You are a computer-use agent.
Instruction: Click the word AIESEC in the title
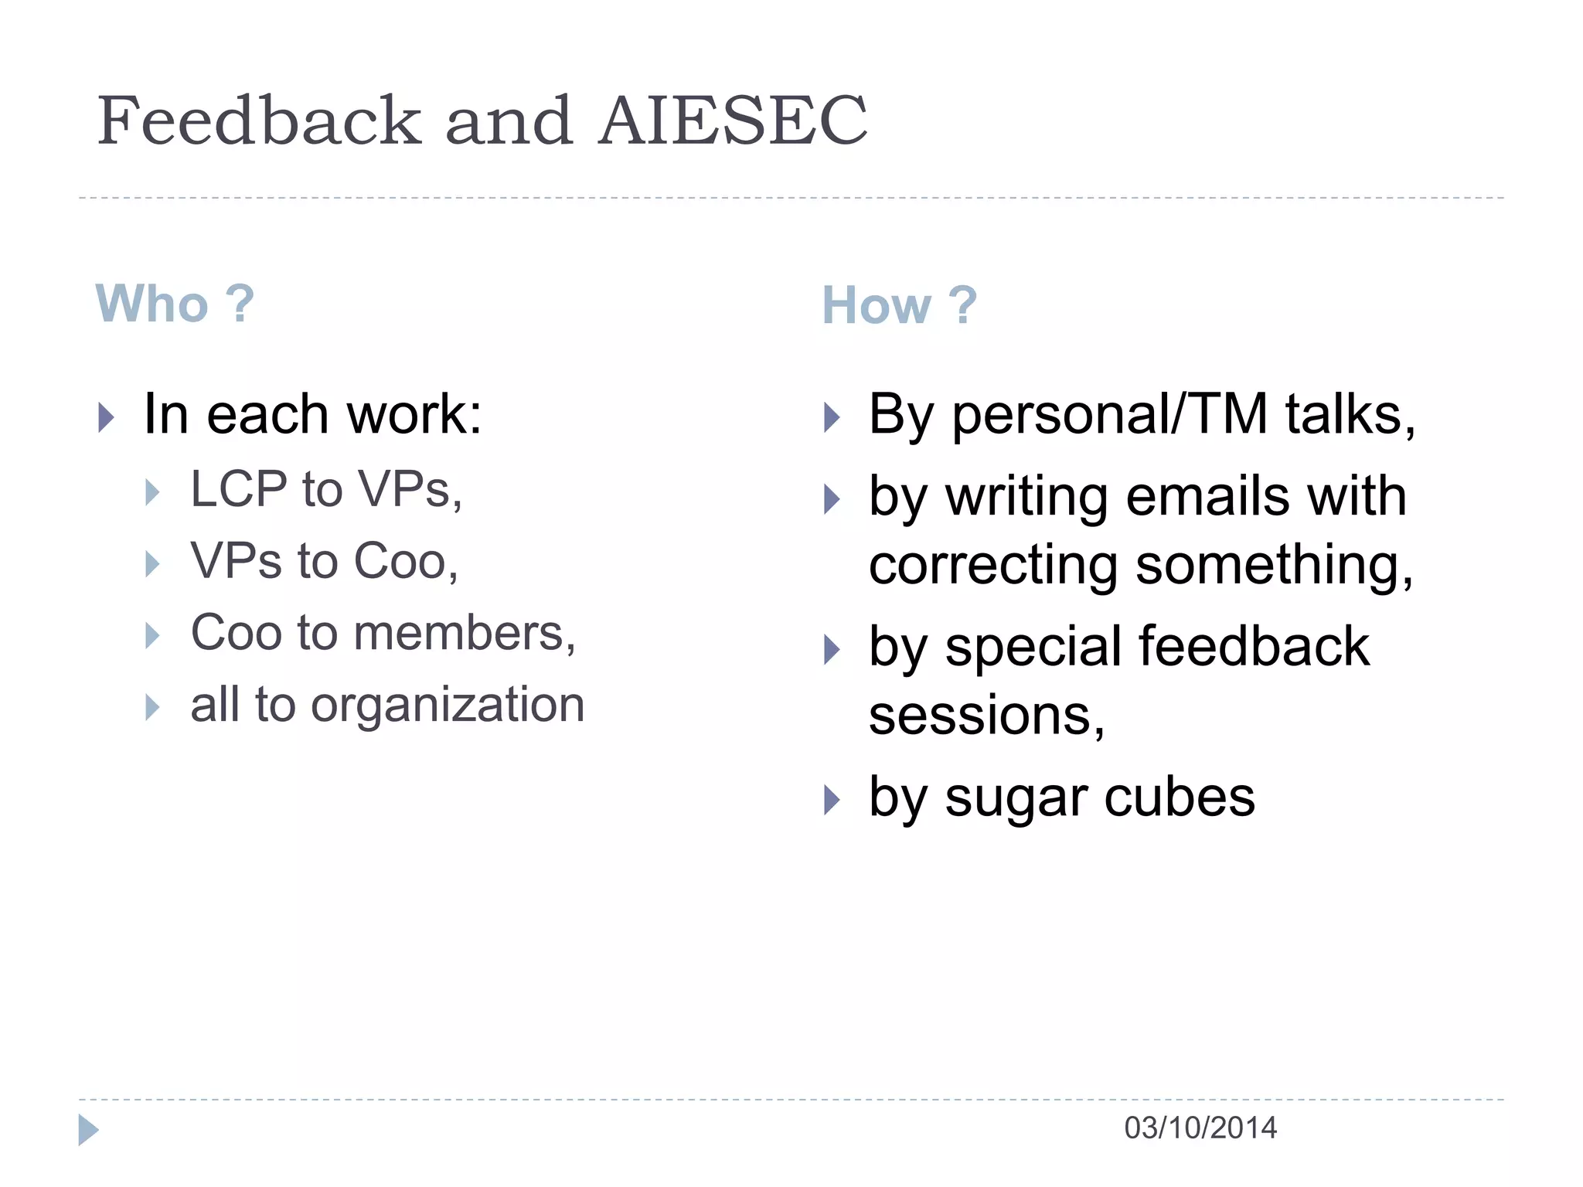click(733, 121)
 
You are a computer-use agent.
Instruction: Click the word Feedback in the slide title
click(259, 121)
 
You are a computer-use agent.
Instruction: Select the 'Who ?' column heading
click(175, 304)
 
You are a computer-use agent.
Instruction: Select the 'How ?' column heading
click(899, 305)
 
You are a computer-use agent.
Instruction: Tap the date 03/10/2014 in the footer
click(1200, 1128)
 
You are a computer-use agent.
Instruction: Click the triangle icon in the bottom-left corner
click(88, 1130)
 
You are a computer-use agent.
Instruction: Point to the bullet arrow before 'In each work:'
click(107, 418)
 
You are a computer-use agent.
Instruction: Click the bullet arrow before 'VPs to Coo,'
click(152, 564)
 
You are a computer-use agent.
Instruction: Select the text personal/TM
click(1108, 415)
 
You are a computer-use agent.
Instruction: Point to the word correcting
click(993, 566)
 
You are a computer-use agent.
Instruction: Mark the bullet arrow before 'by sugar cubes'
click(832, 800)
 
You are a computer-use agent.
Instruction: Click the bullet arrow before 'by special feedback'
click(832, 649)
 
